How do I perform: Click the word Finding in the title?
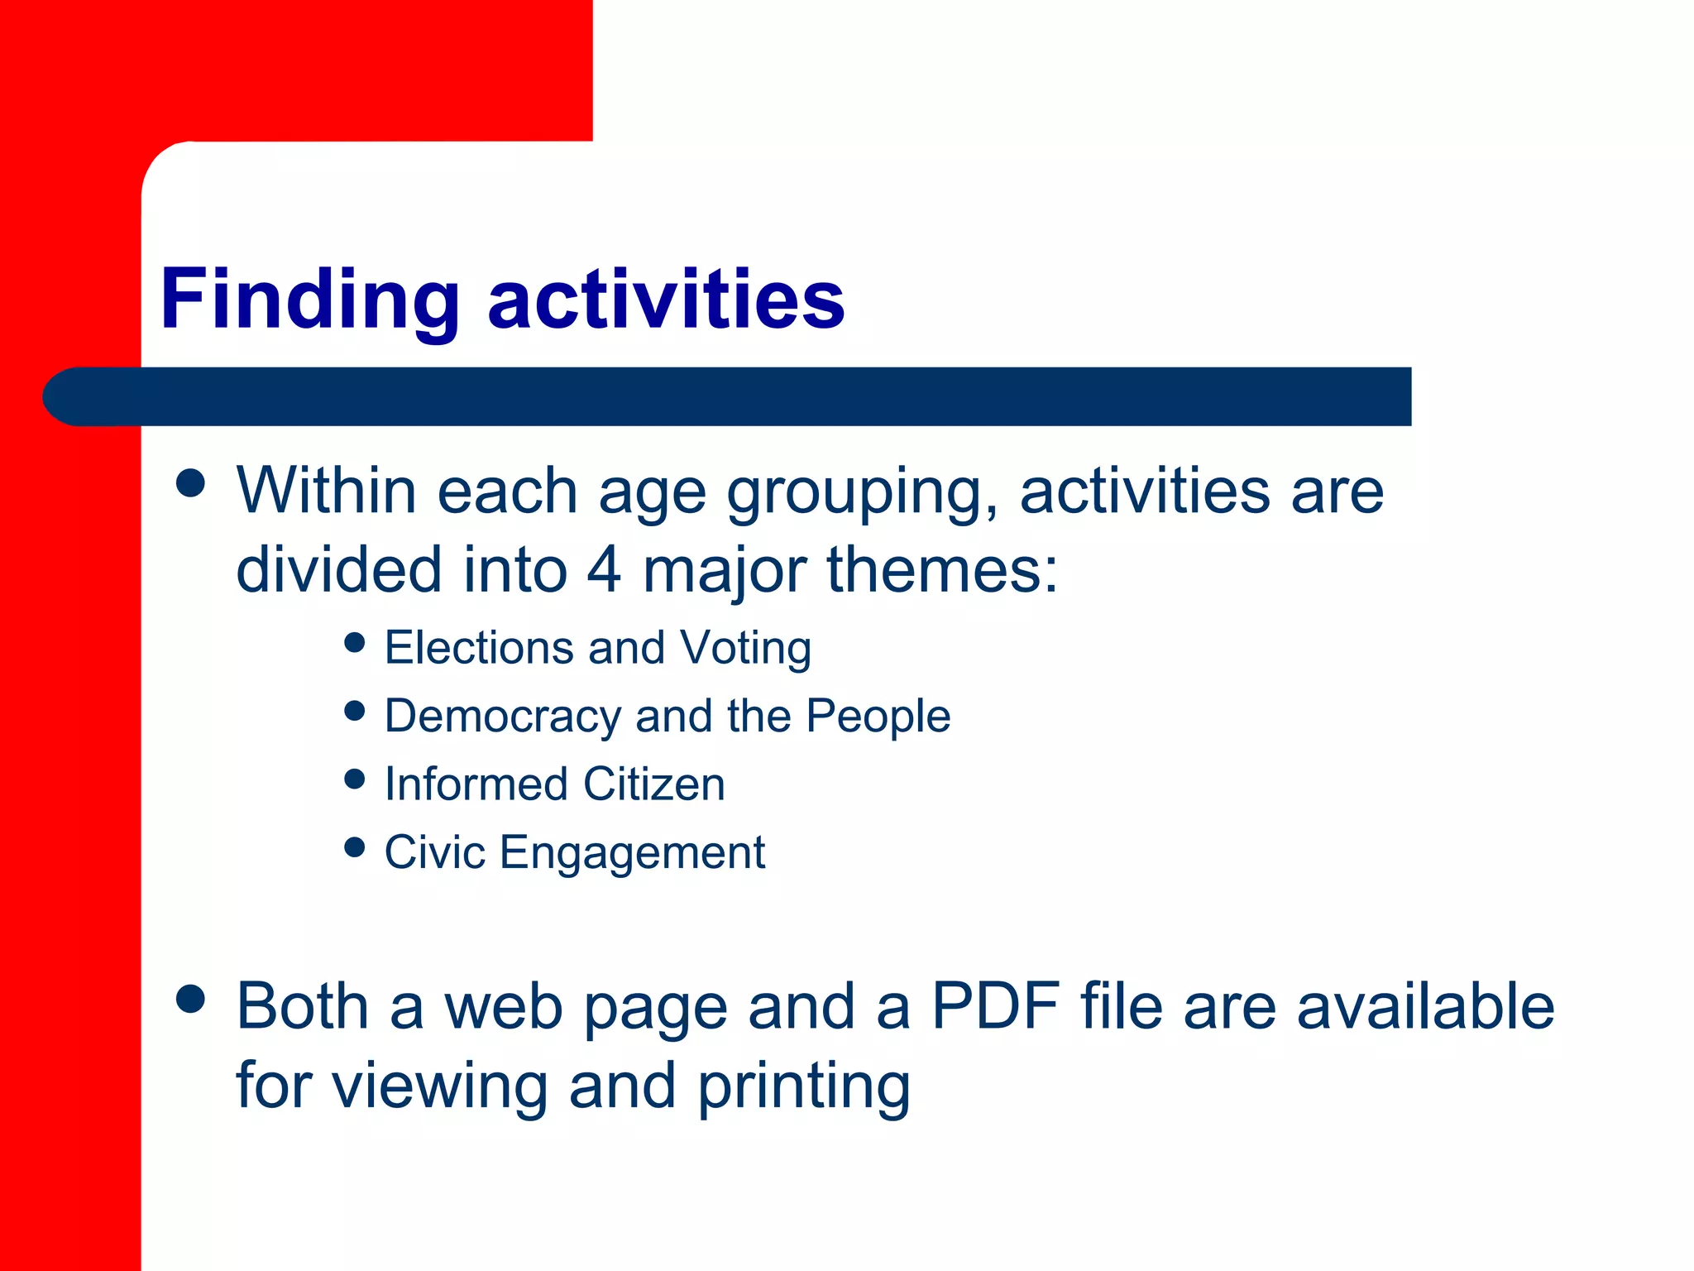309,300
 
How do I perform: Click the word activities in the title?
666,300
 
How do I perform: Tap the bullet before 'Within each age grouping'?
190,483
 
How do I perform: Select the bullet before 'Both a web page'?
190,999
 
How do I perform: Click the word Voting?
745,649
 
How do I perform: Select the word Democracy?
502,717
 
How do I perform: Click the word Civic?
434,852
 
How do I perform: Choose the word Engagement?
633,854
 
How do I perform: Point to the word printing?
803,1087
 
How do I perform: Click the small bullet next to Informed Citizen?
354,779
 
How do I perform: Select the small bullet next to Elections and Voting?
354,642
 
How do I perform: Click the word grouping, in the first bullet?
863,493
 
